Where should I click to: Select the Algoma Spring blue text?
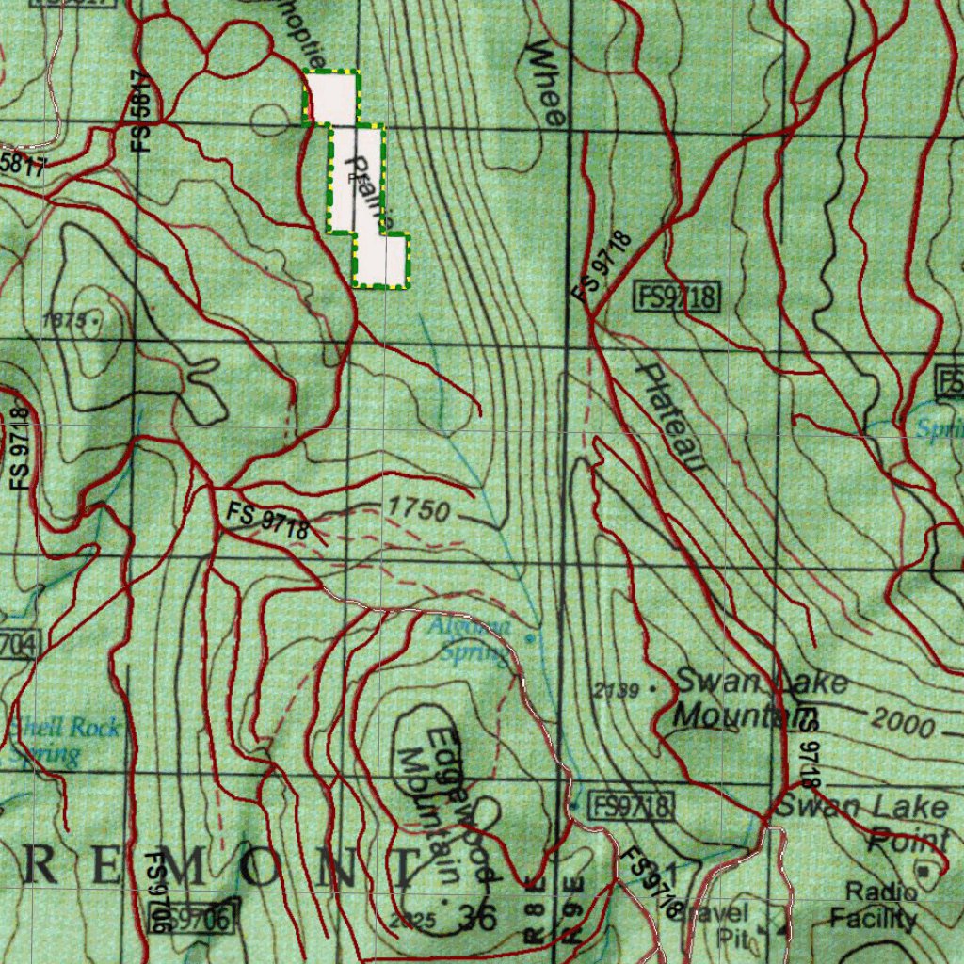coord(474,639)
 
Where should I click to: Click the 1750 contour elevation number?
coord(419,510)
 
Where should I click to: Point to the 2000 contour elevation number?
coord(902,723)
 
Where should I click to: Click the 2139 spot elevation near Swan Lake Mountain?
coord(617,691)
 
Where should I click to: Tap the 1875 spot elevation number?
coord(64,320)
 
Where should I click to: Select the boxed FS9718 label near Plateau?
coord(678,298)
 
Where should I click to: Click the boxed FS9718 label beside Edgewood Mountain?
coord(632,806)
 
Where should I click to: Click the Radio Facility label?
coord(879,905)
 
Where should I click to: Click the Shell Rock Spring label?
coord(64,741)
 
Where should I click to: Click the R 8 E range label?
coord(535,911)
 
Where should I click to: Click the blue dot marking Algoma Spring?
coord(530,637)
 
